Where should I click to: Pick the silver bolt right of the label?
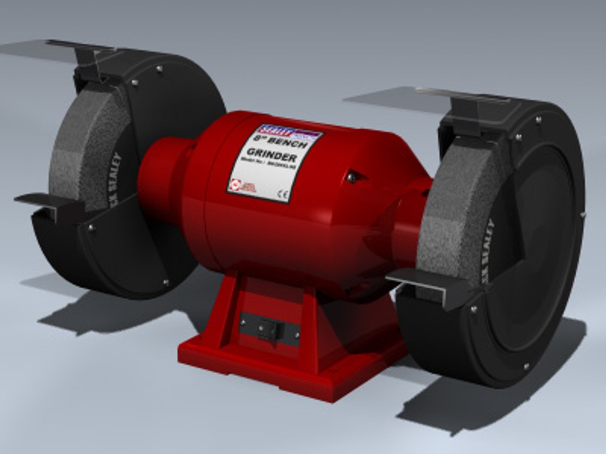[x=350, y=178]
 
